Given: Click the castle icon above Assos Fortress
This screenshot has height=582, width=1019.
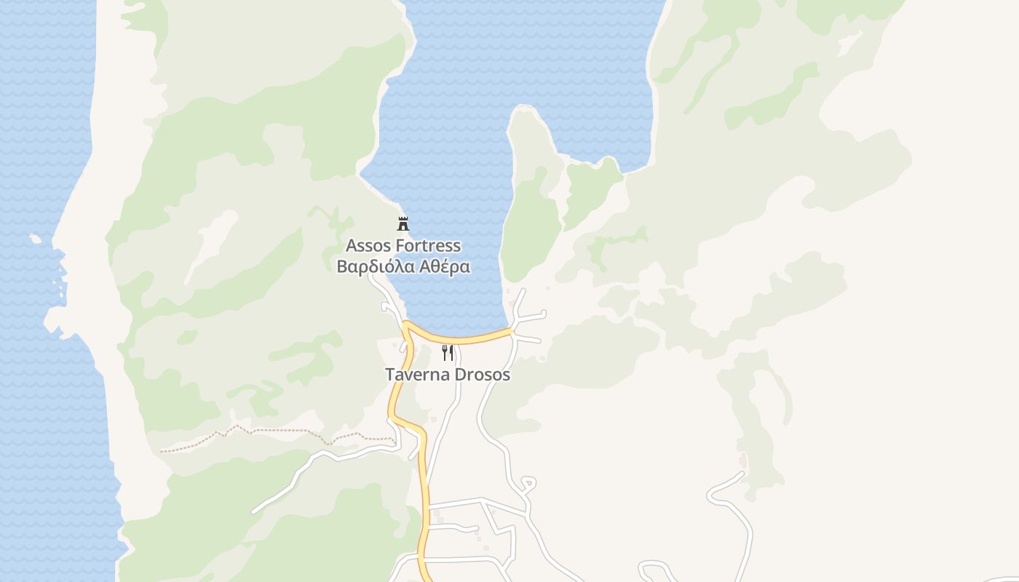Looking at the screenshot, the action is [403, 223].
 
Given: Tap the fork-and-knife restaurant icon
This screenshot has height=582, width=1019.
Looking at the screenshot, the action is [448, 353].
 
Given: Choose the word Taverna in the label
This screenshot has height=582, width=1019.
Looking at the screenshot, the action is [416, 375].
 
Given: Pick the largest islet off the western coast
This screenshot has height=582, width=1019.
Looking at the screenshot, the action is [35, 238].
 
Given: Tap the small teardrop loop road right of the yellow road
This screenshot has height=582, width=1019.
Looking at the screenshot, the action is [529, 483].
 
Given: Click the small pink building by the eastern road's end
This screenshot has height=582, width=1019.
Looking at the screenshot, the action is [742, 461].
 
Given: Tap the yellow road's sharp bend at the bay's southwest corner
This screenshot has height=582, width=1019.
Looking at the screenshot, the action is [406, 324].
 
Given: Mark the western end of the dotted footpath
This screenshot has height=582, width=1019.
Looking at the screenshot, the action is [162, 451].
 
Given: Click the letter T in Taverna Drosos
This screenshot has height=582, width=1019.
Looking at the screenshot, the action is [389, 375].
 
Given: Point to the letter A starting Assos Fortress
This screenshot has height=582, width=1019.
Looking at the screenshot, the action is [352, 246].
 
